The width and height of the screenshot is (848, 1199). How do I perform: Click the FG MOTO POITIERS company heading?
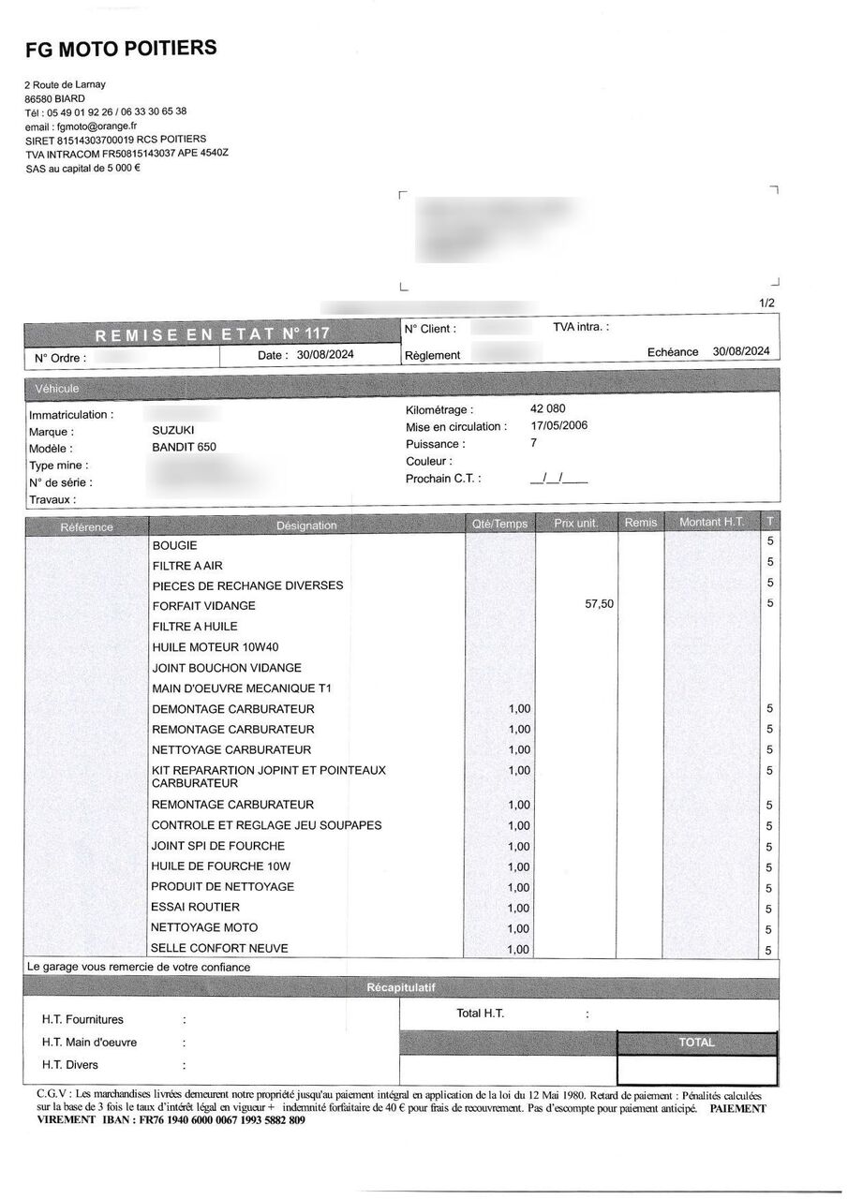pyautogui.click(x=121, y=48)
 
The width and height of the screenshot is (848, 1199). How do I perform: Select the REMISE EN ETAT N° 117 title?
pyautogui.click(x=212, y=333)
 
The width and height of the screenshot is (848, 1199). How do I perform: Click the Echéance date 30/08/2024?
pyautogui.click(x=740, y=351)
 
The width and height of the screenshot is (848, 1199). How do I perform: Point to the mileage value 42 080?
pyautogui.click(x=548, y=408)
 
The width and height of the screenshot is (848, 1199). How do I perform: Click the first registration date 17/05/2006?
pyautogui.click(x=559, y=426)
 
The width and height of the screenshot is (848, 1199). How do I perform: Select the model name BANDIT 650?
pyautogui.click(x=184, y=448)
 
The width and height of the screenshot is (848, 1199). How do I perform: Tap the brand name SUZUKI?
pyautogui.click(x=173, y=430)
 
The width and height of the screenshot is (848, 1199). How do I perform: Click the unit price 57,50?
pyautogui.click(x=599, y=604)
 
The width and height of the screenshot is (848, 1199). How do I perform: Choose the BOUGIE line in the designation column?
pyautogui.click(x=174, y=544)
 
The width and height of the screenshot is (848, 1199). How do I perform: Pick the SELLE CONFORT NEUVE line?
pyautogui.click(x=219, y=948)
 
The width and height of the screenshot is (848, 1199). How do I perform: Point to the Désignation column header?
pyautogui.click(x=306, y=525)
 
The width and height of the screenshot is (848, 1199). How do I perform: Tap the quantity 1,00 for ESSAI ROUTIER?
pyautogui.click(x=518, y=908)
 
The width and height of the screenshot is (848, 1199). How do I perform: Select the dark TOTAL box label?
pyautogui.click(x=696, y=1042)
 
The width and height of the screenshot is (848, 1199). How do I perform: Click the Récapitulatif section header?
pyautogui.click(x=400, y=987)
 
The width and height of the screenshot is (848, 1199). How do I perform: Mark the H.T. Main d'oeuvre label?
pyautogui.click(x=89, y=1042)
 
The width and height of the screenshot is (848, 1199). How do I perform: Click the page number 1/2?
pyautogui.click(x=766, y=303)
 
